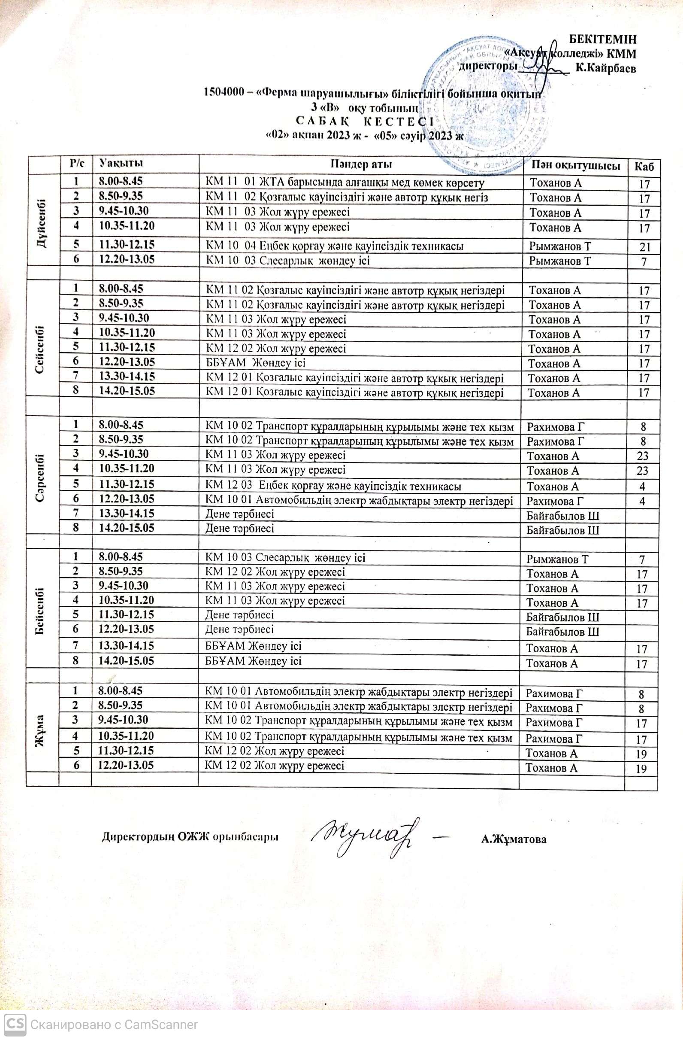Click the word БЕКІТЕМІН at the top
tap(603, 39)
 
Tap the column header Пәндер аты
tap(361, 164)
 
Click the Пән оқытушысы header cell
tap(576, 165)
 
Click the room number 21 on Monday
tap(644, 247)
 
